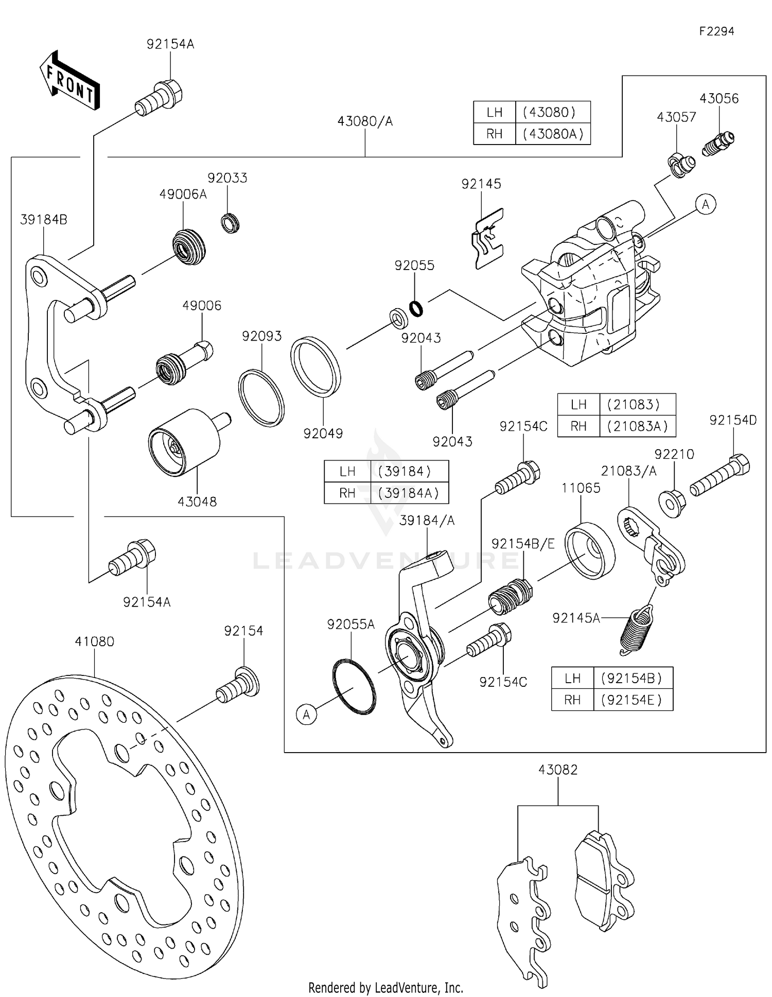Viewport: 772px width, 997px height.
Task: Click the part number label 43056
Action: pyautogui.click(x=718, y=99)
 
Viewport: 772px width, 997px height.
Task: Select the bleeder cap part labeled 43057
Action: pyautogui.click(x=681, y=165)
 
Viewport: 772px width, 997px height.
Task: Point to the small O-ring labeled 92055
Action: pyautogui.click(x=416, y=308)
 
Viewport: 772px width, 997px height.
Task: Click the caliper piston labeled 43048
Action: pyautogui.click(x=184, y=442)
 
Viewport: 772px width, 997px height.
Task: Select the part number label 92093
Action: pyautogui.click(x=262, y=336)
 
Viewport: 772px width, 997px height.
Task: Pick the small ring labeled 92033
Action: pyautogui.click(x=230, y=224)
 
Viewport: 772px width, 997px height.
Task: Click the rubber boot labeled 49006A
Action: pyautogui.click(x=189, y=247)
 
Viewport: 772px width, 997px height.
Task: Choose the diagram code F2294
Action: pyautogui.click(x=716, y=31)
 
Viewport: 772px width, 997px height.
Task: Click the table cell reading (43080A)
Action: pyautogui.click(x=553, y=134)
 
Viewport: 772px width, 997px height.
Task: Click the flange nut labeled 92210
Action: pyautogui.click(x=672, y=503)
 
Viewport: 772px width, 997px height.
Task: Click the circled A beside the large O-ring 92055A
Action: pyautogui.click(x=307, y=715)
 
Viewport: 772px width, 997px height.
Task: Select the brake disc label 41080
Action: pyautogui.click(x=94, y=642)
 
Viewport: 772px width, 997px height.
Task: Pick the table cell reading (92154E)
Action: pyautogui.click(x=633, y=700)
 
